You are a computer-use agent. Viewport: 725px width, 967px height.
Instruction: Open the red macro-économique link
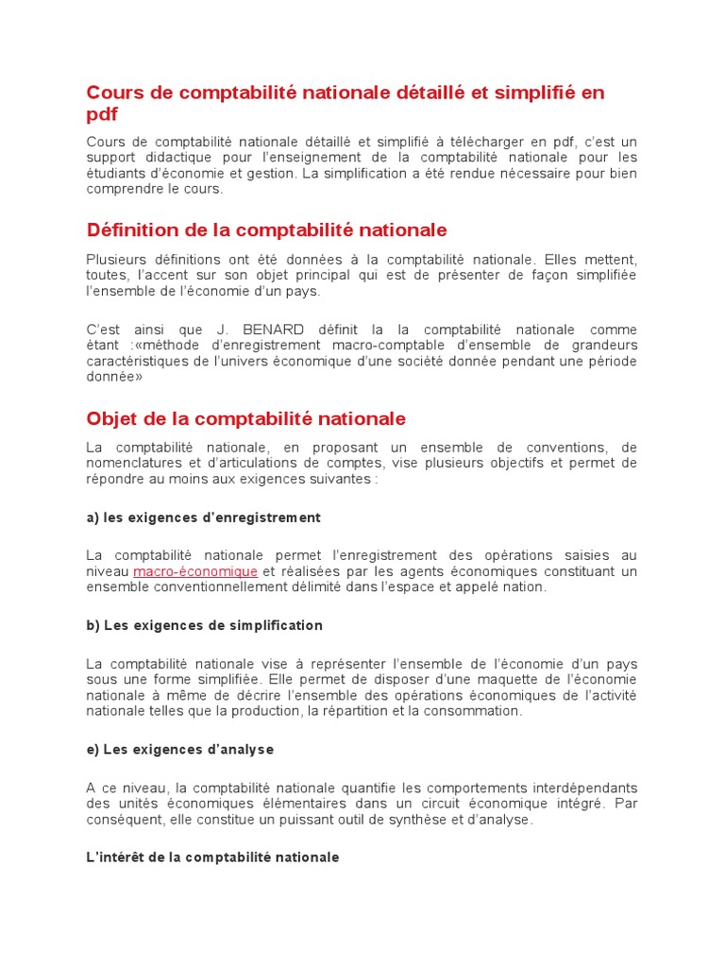(x=195, y=571)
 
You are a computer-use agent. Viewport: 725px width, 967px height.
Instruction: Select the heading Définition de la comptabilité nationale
(x=266, y=230)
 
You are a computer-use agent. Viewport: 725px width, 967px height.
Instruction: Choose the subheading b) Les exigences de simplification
(x=204, y=625)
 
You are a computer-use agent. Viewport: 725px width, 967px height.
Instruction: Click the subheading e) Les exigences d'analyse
(x=179, y=749)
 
